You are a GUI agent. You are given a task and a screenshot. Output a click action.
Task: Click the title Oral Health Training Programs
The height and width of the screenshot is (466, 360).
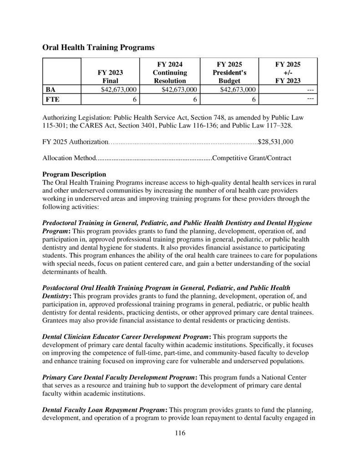click(x=98, y=47)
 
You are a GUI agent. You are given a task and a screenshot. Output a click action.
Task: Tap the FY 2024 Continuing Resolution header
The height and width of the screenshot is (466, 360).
click(x=169, y=72)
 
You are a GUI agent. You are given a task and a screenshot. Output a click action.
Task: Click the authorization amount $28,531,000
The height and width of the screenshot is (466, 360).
click(x=275, y=142)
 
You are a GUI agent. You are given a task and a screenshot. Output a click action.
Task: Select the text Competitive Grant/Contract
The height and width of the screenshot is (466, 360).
click(x=252, y=158)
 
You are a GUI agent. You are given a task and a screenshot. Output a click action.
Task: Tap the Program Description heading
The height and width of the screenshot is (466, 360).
click(x=74, y=174)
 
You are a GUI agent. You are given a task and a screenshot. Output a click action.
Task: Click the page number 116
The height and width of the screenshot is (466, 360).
click(x=180, y=433)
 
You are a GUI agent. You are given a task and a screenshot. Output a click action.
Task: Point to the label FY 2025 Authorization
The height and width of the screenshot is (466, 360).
click(x=74, y=142)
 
